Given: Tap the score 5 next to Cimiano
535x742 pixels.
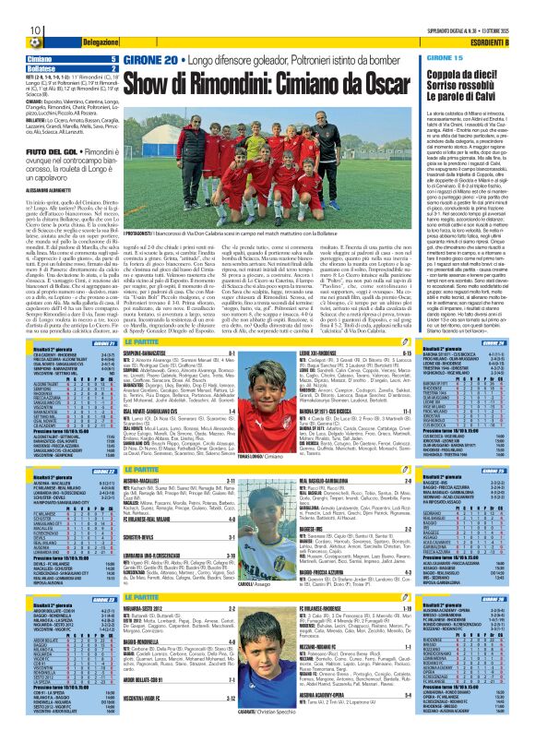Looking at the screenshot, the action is (x=113, y=59).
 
